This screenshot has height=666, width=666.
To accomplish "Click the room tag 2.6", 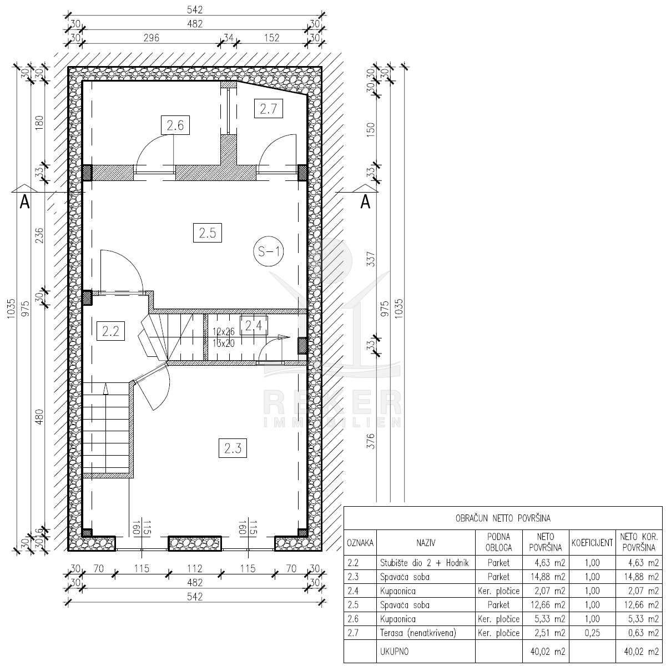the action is pyautogui.click(x=175, y=125).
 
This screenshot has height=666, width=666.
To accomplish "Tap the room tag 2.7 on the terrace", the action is pyautogui.click(x=269, y=109).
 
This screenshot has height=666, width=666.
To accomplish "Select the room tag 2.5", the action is pyautogui.click(x=208, y=233).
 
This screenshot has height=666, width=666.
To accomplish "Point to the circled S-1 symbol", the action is pyautogui.click(x=269, y=251).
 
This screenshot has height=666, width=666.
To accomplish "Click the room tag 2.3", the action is pyautogui.click(x=233, y=448).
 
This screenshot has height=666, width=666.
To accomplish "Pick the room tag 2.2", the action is pyautogui.click(x=110, y=331).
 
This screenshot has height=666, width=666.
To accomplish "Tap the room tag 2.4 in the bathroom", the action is pyautogui.click(x=254, y=326).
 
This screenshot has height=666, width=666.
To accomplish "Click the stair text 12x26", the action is pyautogui.click(x=224, y=332).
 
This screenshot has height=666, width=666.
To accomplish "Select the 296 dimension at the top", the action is pyautogui.click(x=152, y=38).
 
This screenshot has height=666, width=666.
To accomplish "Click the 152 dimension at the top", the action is pyautogui.click(x=272, y=38).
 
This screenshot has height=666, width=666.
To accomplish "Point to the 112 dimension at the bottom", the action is pyautogui.click(x=195, y=568).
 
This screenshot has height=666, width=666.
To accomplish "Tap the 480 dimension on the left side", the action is pyautogui.click(x=39, y=417).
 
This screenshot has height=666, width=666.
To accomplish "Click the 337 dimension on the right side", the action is pyautogui.click(x=371, y=259).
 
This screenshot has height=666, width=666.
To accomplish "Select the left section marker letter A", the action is pyautogui.click(x=24, y=202).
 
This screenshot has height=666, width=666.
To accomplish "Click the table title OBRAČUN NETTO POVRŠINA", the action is pyautogui.click(x=503, y=518).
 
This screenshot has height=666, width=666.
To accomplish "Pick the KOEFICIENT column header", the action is pyautogui.click(x=592, y=543).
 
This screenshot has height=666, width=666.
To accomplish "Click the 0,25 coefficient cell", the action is pyautogui.click(x=592, y=633).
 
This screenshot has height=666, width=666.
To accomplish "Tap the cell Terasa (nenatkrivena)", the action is pyautogui.click(x=418, y=633).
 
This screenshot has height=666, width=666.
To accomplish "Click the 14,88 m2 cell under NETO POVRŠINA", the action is pyautogui.click(x=548, y=577).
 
